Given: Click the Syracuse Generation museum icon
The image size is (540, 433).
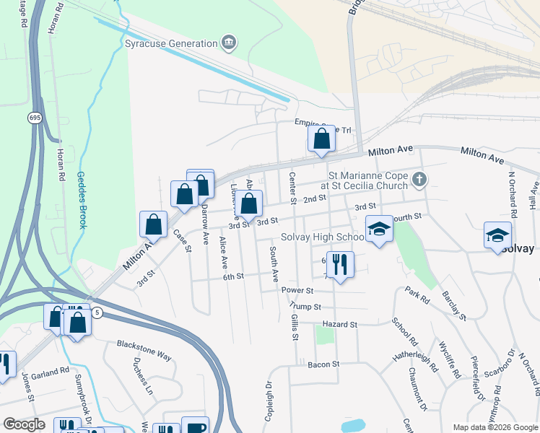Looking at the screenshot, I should [230, 43].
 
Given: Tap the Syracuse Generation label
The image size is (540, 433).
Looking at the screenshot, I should [171, 43].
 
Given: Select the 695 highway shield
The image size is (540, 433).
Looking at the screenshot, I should [35, 117].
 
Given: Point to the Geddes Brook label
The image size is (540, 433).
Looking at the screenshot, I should [82, 200].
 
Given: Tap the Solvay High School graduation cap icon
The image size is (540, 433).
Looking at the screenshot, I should [379, 229].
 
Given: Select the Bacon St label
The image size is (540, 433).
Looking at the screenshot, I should [323, 364].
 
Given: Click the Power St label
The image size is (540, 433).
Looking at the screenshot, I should [297, 290].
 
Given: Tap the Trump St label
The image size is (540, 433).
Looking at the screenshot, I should [305, 306].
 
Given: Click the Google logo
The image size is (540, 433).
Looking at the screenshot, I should [24, 424].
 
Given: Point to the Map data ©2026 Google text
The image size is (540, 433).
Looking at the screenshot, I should [495, 427].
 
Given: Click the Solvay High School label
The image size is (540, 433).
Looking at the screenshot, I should [322, 237].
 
